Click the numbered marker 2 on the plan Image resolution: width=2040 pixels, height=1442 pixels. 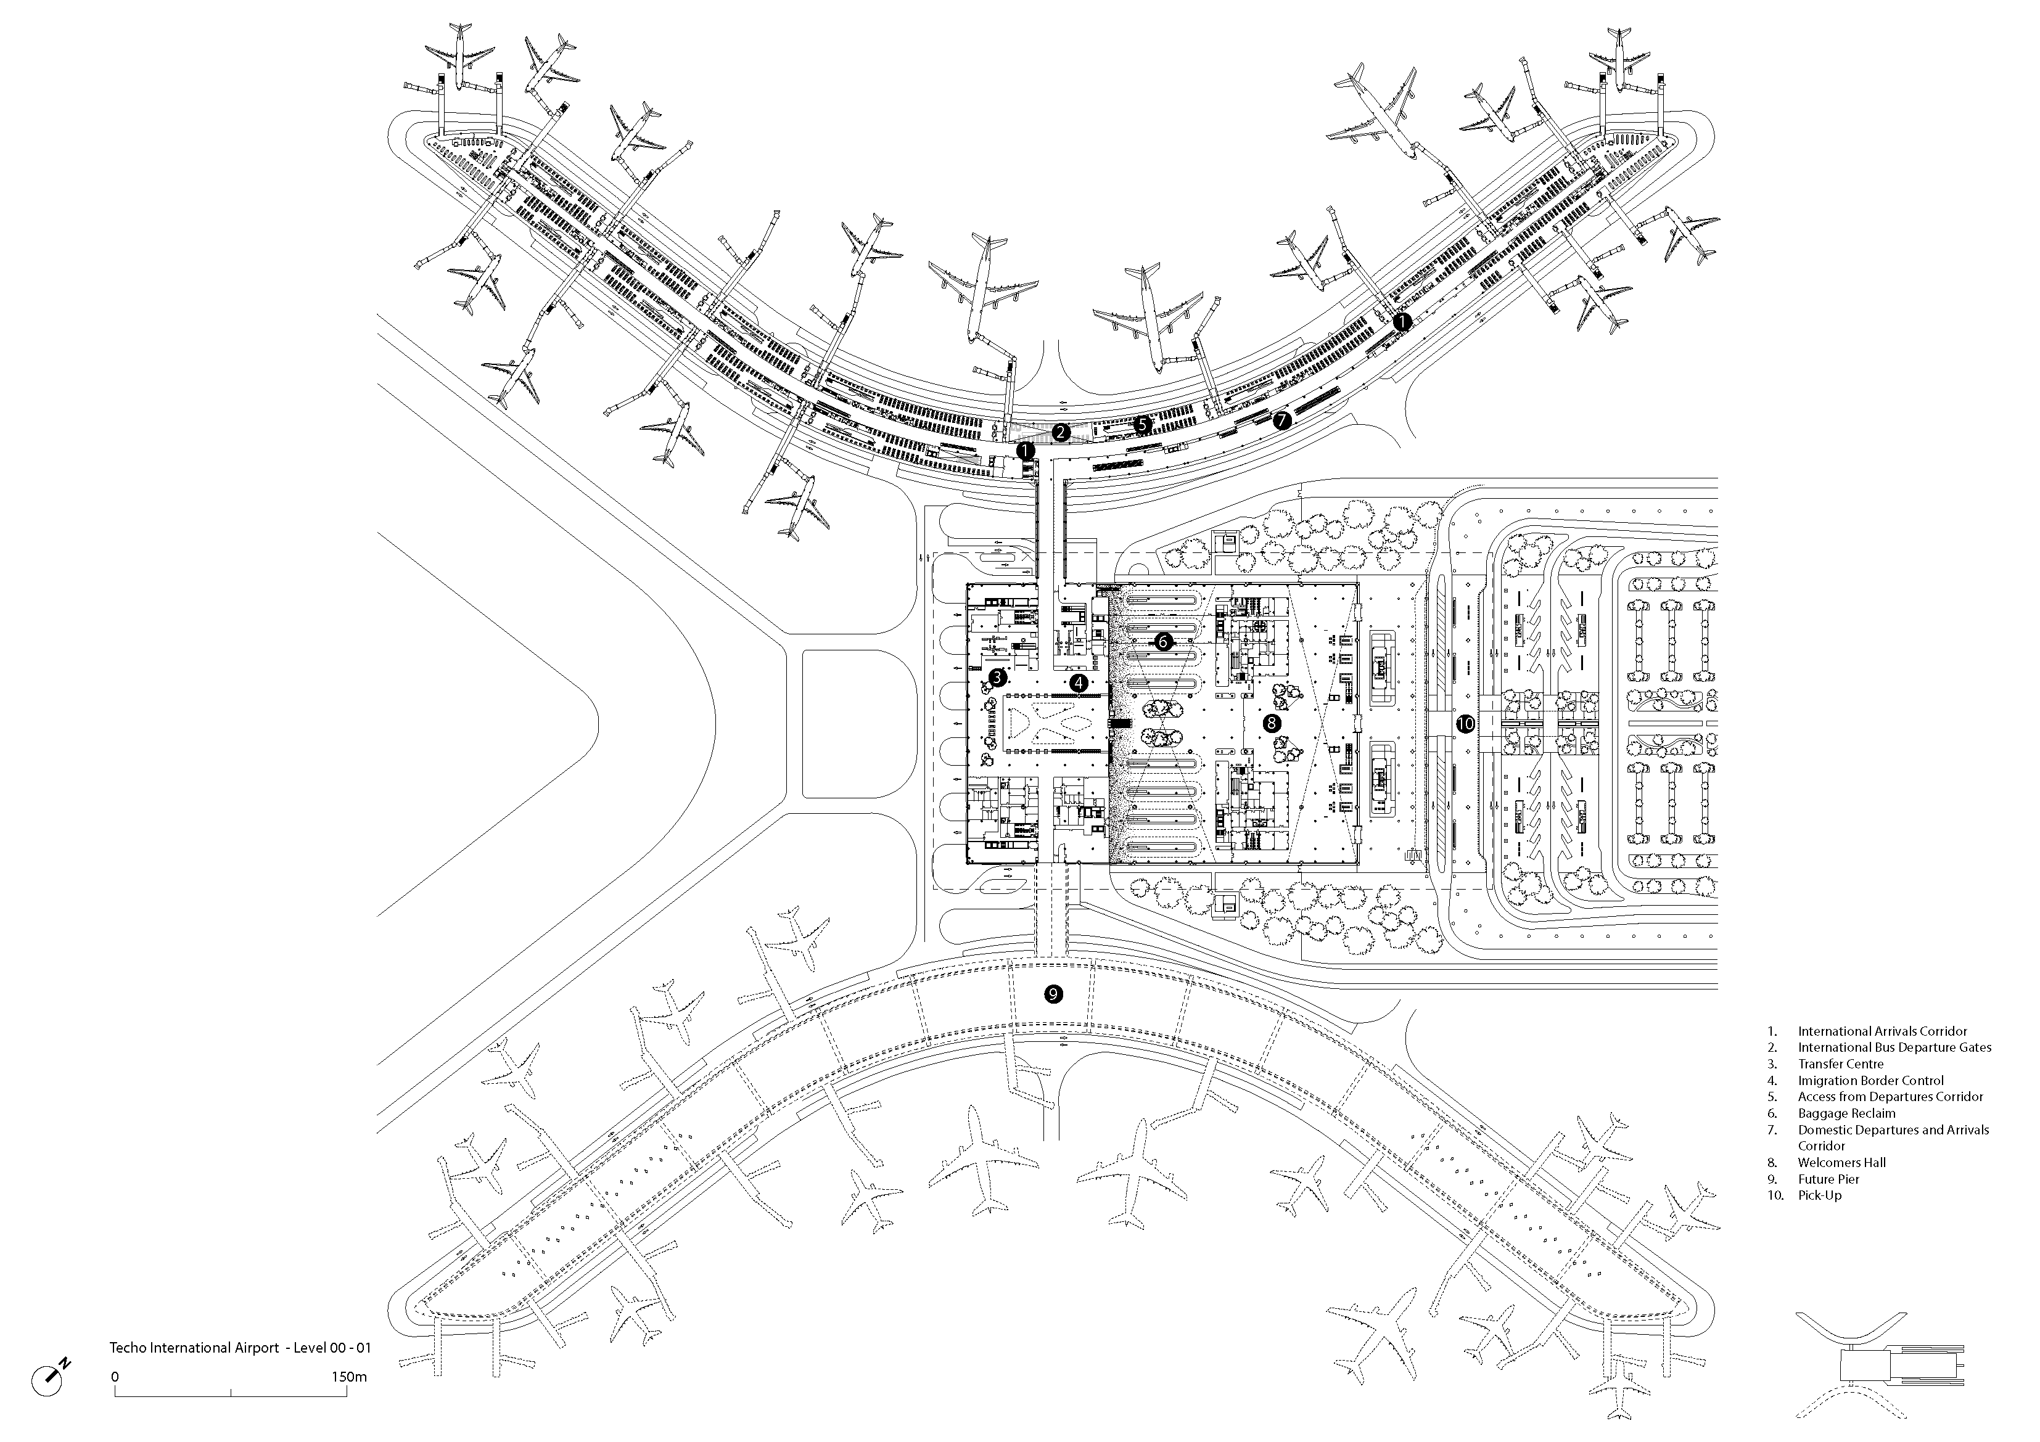[1060, 433]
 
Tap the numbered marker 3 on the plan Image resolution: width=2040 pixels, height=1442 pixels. [997, 677]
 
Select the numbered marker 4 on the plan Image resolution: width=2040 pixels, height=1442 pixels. [1079, 682]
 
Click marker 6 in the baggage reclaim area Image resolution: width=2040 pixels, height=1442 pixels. [1164, 640]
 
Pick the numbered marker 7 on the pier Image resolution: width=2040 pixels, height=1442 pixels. [1281, 421]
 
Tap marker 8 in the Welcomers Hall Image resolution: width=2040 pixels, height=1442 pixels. [1272, 723]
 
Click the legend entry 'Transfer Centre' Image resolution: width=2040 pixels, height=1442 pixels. [1840, 1063]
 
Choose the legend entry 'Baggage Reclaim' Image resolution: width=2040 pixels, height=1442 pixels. [1846, 1113]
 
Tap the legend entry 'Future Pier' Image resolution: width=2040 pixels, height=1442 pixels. [1828, 1179]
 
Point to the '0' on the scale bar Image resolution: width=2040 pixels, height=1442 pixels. [115, 1377]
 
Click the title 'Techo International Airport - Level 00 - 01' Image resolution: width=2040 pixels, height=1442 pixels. [240, 1347]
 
